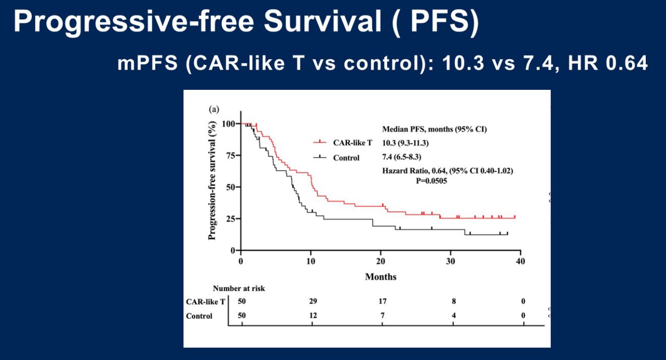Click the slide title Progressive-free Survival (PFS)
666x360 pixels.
coord(245,24)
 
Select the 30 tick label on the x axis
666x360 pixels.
coord(450,261)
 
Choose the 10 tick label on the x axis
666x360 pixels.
coord(311,261)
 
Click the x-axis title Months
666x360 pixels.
coord(381,277)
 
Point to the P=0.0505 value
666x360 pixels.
coord(428,180)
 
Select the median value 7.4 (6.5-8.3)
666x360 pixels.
coord(401,157)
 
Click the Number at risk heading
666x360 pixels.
coord(239,289)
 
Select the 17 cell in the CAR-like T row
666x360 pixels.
coord(382,301)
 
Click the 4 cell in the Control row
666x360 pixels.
coord(453,316)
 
